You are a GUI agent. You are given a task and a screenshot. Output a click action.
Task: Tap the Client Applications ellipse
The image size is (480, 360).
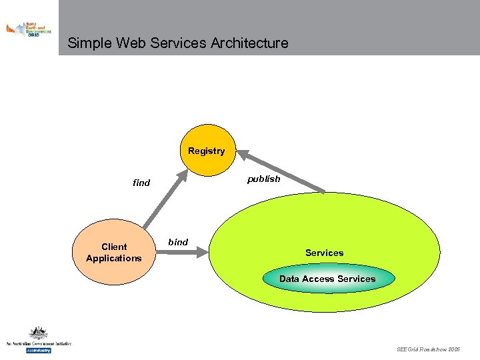point(113,252)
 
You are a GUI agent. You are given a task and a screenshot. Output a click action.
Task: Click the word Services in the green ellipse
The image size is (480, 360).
point(324,253)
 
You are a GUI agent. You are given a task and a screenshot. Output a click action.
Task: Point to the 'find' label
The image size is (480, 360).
point(141,183)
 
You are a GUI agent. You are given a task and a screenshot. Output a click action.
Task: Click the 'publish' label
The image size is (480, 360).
point(264,179)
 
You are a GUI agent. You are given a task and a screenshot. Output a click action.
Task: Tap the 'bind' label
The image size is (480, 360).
point(178,242)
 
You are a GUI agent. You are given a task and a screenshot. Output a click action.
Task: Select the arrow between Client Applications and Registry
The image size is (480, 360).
point(164,200)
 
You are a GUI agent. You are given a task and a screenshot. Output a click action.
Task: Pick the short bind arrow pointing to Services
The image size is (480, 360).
point(193,252)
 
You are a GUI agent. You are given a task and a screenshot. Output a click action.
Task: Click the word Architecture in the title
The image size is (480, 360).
point(249,43)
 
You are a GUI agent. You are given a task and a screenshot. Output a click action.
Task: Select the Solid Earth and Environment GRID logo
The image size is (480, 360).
point(29,29)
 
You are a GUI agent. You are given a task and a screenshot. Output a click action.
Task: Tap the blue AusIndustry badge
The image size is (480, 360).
point(38,350)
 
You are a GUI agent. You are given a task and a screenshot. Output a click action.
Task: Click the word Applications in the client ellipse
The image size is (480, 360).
point(113,258)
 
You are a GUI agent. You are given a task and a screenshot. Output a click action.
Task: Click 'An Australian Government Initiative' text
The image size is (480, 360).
point(38,343)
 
